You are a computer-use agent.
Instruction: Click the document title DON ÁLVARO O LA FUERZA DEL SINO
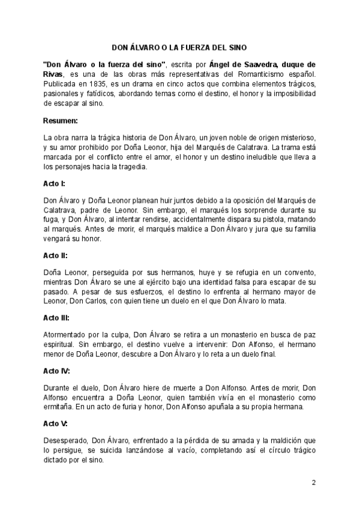click(179, 46)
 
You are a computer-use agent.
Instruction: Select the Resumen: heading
click(62, 121)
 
